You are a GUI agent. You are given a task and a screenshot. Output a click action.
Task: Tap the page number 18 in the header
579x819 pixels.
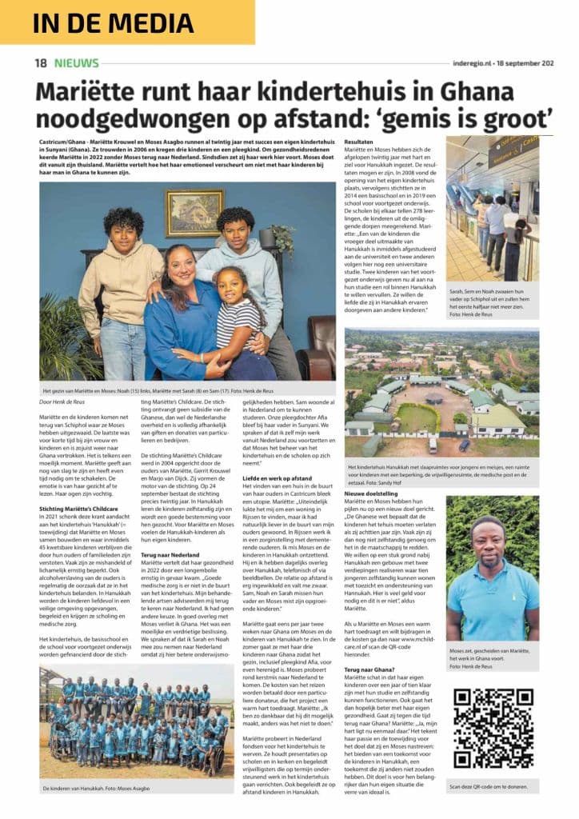point(41,63)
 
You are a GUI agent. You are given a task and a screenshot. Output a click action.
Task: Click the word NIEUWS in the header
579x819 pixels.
point(78,63)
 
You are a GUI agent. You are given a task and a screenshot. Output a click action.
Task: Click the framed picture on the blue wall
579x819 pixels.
point(194,212)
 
